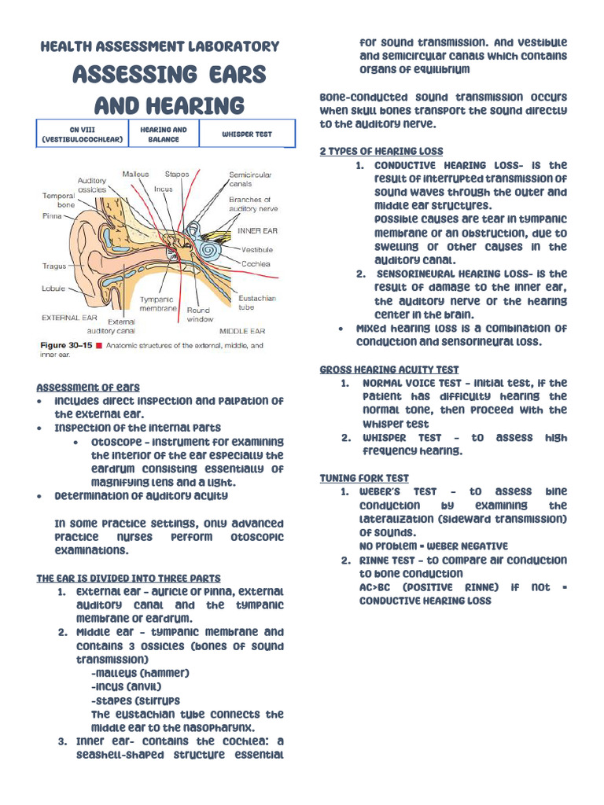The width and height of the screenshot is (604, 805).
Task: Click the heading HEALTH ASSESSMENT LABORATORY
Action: pyautogui.click(x=160, y=46)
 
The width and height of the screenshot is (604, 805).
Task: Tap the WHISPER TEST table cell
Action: pyautogui.click(x=246, y=134)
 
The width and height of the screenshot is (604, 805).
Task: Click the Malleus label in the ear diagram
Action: pyautogui.click(x=135, y=175)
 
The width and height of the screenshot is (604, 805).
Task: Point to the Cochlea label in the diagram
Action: pyautogui.click(x=256, y=264)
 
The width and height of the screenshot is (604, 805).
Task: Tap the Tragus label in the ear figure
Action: pyautogui.click(x=54, y=266)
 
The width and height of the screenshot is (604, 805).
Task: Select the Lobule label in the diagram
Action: pyautogui.click(x=53, y=289)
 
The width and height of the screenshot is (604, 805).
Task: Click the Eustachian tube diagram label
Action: pyautogui.click(x=257, y=303)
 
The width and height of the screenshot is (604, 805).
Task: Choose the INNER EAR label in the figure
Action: pyautogui.click(x=258, y=231)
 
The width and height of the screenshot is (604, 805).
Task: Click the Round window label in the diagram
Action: pyautogui.click(x=200, y=315)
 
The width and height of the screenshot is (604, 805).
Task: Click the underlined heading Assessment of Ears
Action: pyautogui.click(x=88, y=387)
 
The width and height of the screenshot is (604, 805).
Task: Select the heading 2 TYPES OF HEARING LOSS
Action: pyautogui.click(x=381, y=151)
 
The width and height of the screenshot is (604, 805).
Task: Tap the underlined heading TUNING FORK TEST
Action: pyautogui.click(x=364, y=478)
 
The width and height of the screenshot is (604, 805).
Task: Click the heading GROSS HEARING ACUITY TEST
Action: pyautogui.click(x=389, y=369)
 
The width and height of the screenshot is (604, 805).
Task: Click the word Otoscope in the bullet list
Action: pyautogui.click(x=119, y=442)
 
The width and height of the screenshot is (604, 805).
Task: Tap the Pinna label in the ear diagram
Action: pyautogui.click(x=51, y=215)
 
